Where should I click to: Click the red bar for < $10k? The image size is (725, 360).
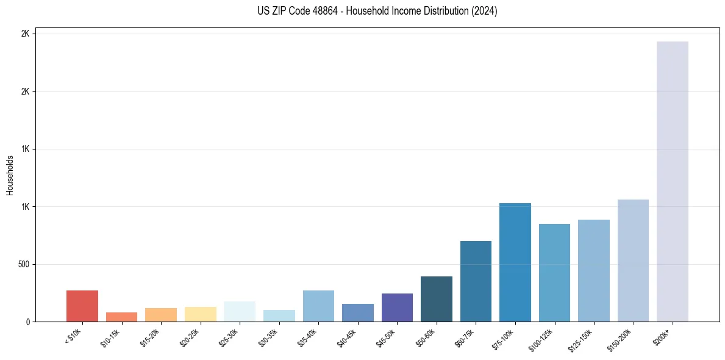[x=82, y=306]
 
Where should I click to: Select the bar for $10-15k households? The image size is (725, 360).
[x=121, y=317]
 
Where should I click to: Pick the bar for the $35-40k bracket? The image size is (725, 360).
[x=318, y=306]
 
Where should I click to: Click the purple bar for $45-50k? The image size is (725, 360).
[x=397, y=308]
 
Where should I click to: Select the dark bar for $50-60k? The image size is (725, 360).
[x=437, y=299]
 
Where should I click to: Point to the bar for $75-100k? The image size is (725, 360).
[x=515, y=262]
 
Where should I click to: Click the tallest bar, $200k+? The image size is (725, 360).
[x=673, y=181]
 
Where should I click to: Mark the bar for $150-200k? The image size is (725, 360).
[x=633, y=261]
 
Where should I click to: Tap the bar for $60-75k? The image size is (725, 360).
[x=476, y=281]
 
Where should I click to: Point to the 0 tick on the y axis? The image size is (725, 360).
[x=26, y=322]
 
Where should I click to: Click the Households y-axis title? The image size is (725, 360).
[x=10, y=175]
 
